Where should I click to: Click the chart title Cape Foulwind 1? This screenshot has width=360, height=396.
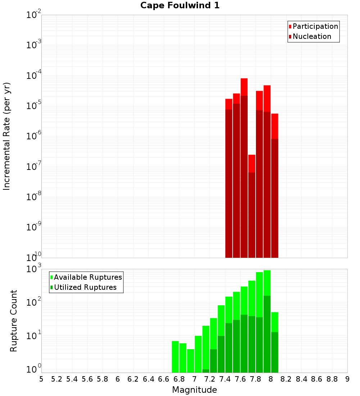point(180,5)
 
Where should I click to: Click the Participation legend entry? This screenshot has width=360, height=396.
point(315,26)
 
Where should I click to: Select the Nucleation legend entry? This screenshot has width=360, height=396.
point(312,36)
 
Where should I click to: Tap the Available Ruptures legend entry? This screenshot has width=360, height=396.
point(87,277)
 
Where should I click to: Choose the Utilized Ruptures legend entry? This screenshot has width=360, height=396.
point(85,287)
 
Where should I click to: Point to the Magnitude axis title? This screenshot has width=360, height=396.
point(194,390)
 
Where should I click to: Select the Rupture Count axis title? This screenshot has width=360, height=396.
point(14,321)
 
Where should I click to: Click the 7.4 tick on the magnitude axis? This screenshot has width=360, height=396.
point(225,379)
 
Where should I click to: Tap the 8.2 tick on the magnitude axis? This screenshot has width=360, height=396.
point(286,379)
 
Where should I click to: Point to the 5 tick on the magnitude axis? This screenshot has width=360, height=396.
point(41,379)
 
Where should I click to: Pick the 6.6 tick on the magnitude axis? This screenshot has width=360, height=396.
point(164,379)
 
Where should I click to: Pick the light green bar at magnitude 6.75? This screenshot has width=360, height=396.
point(175,356)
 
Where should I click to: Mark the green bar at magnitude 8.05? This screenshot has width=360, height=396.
point(275,342)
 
